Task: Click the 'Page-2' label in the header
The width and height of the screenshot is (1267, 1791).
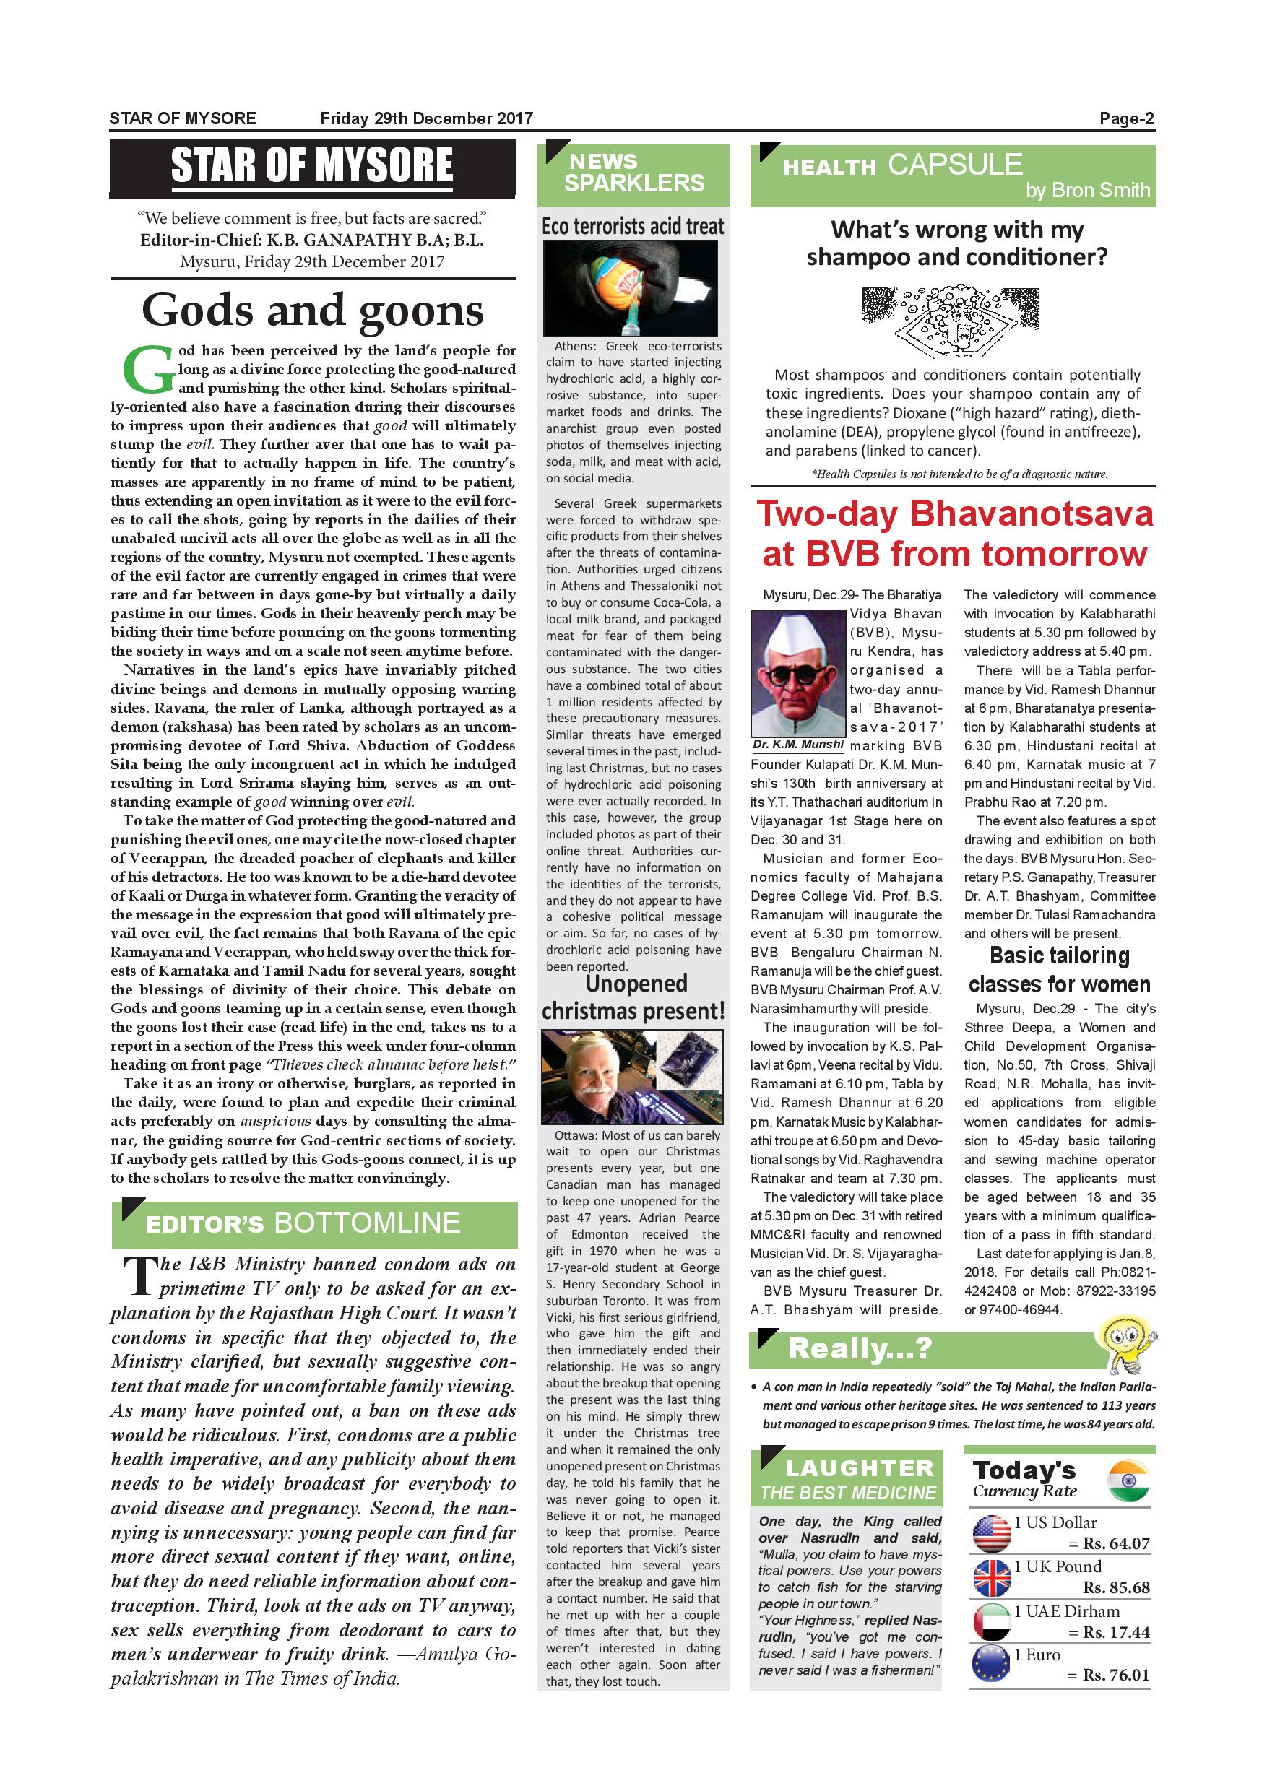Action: pyautogui.click(x=1126, y=118)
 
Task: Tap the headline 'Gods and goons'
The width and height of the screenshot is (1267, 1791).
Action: pyautogui.click(x=313, y=311)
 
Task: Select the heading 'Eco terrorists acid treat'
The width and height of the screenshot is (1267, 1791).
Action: pyautogui.click(x=633, y=226)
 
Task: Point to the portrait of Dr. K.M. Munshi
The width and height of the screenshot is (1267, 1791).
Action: pyautogui.click(x=798, y=673)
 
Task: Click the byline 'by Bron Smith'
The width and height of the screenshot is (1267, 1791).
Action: pyautogui.click(x=1088, y=191)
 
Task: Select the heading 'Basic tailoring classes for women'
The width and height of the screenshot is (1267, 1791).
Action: pyautogui.click(x=1060, y=970)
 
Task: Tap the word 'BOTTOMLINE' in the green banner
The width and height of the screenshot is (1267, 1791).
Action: pyautogui.click(x=367, y=1223)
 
